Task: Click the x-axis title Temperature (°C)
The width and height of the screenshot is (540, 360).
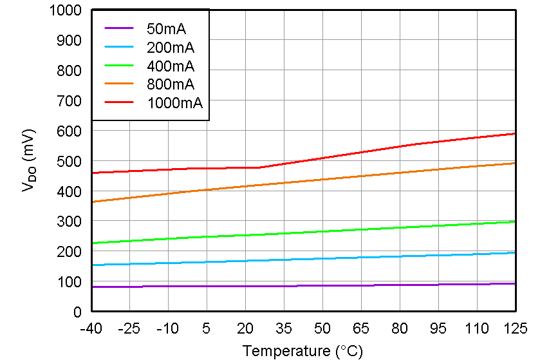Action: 303,351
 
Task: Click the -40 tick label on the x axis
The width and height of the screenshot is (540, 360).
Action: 91,328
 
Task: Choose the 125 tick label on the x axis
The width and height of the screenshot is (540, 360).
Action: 515,328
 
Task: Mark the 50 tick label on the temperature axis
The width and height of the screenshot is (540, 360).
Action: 322,328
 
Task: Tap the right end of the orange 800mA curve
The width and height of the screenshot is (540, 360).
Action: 515,163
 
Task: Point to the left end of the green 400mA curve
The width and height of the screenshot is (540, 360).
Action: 92,243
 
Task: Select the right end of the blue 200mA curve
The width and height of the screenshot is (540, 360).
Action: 515,252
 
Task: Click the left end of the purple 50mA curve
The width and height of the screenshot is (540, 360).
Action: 92,287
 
